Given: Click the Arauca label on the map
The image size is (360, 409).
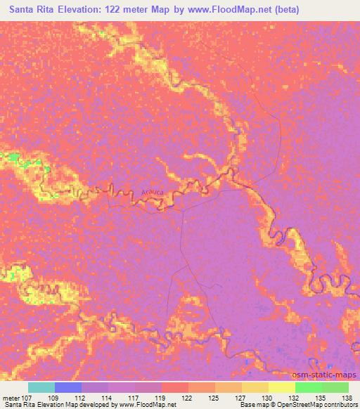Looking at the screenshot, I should click(x=152, y=190).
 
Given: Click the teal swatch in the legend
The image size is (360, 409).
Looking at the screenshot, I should click(x=41, y=387).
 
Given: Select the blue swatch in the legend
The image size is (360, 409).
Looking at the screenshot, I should click(x=68, y=387).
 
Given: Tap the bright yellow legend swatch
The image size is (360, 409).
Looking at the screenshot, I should click(x=281, y=387).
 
